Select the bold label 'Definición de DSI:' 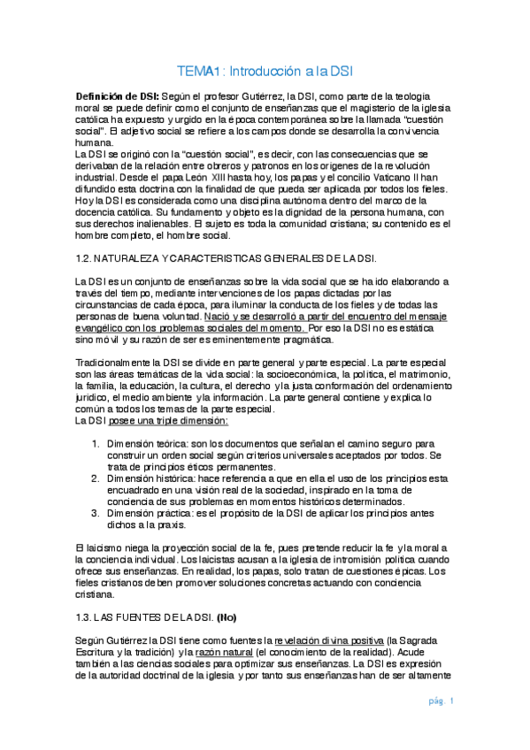point(117,95)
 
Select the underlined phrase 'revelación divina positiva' point(326,639)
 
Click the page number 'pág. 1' point(441,701)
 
